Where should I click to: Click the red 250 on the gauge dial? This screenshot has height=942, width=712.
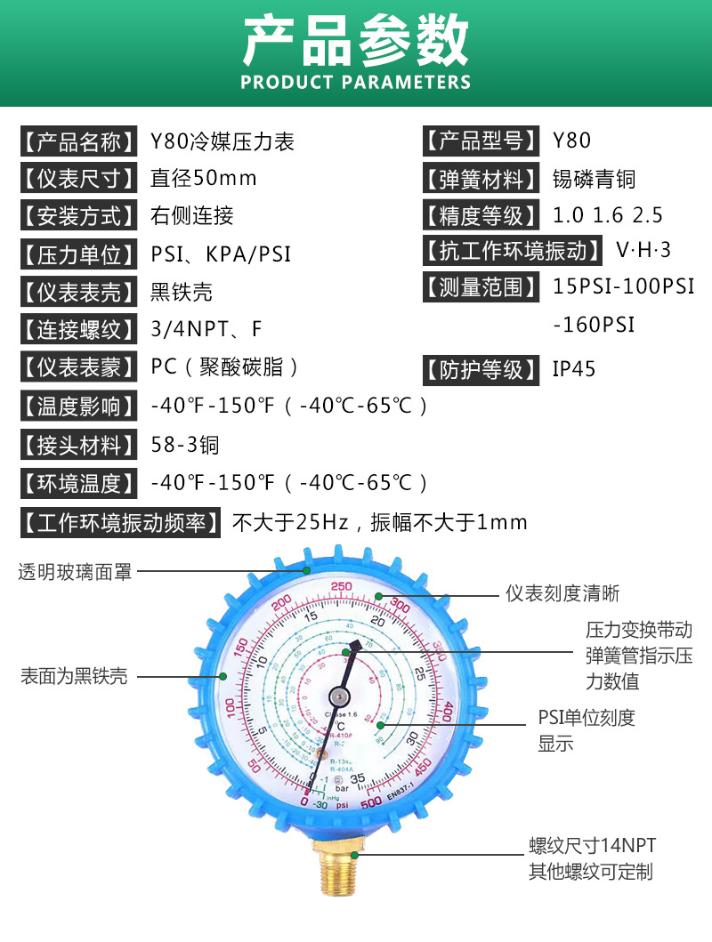(341, 586)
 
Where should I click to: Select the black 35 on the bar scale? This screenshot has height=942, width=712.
(358, 779)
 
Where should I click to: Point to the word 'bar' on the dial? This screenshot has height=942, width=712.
(342, 787)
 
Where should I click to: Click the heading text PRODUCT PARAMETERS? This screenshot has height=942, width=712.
(356, 83)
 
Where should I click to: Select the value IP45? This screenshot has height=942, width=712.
(575, 369)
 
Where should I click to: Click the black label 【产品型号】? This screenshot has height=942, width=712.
(481, 141)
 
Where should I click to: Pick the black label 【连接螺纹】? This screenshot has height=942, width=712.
(79, 330)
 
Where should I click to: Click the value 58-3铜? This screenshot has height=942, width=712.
(185, 445)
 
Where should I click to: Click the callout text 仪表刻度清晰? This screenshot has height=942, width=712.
(562, 593)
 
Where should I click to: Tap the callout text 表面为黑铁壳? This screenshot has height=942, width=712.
(74, 676)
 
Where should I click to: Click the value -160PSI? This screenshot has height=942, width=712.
(595, 325)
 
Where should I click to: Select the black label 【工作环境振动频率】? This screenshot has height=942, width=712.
(121, 522)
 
